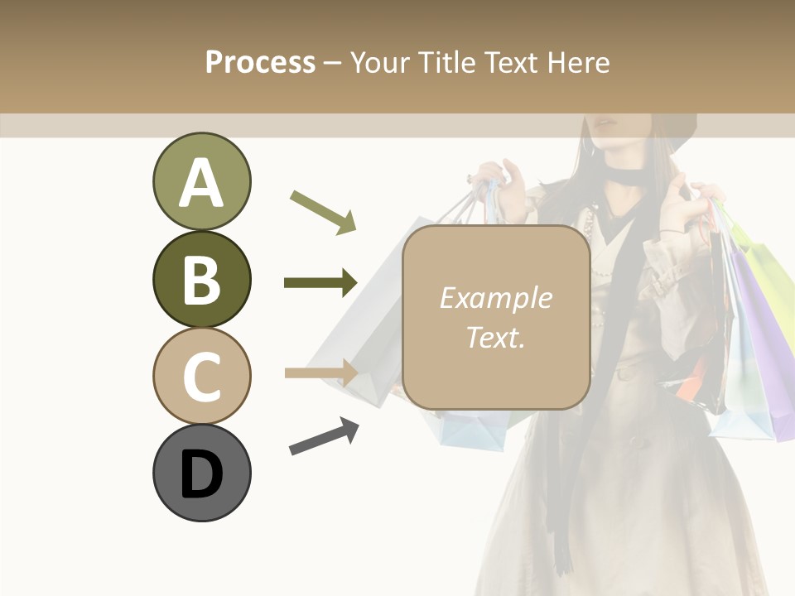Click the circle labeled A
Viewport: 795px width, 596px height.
[201, 181]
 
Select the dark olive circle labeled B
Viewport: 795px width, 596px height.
[201, 279]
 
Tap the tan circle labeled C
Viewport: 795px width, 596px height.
[201, 376]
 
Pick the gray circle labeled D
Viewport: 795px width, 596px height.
[201, 473]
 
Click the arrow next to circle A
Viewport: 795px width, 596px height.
[323, 212]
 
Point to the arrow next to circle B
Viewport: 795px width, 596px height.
[320, 283]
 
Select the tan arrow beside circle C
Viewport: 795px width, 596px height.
[320, 372]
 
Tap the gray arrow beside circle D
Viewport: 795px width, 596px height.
[324, 436]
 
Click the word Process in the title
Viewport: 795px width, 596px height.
[260, 62]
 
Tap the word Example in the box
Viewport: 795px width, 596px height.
[495, 298]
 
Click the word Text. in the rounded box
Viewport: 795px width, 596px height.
[495, 337]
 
